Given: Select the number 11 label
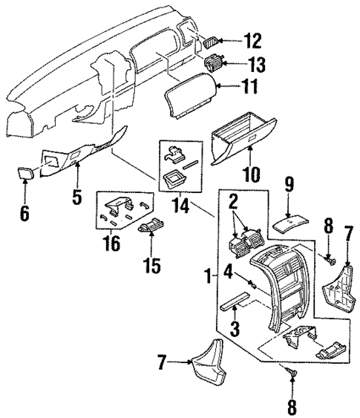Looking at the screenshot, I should (x=252, y=88).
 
